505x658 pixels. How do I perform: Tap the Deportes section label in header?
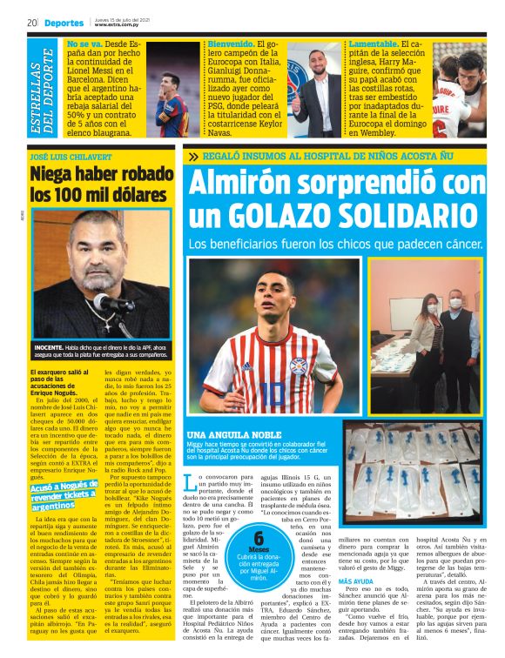64,23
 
